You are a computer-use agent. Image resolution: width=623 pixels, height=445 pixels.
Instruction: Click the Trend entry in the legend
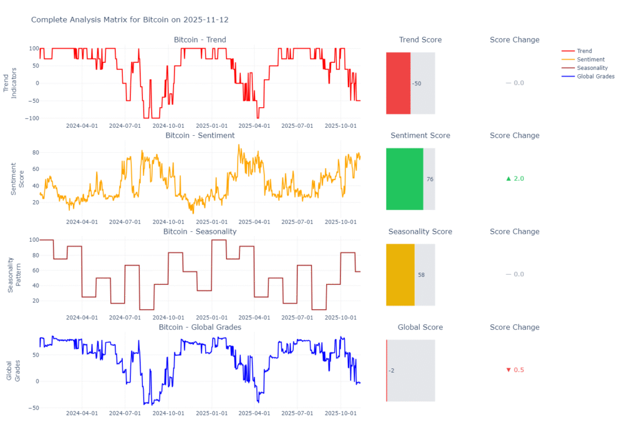pyautogui.click(x=584, y=51)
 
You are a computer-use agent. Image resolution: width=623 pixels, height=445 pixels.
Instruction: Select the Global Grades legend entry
pyautogui.click(x=596, y=77)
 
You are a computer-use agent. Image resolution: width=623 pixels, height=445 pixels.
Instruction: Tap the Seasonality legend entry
pyautogui.click(x=592, y=68)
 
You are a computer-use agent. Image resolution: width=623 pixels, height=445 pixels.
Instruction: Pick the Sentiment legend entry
pyautogui.click(x=590, y=60)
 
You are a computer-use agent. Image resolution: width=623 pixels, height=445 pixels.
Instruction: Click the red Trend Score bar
pyautogui.click(x=399, y=83)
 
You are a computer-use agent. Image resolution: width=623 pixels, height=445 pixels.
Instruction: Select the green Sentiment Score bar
pyautogui.click(x=405, y=179)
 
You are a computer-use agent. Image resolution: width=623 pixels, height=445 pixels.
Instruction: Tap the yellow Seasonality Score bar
pyautogui.click(x=400, y=275)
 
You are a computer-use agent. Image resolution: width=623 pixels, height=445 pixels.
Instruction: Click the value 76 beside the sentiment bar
pyautogui.click(x=430, y=179)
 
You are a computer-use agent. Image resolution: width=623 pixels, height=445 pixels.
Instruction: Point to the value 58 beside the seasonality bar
pyautogui.click(x=422, y=275)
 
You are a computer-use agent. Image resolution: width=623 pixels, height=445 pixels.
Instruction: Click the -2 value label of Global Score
pyautogui.click(x=391, y=371)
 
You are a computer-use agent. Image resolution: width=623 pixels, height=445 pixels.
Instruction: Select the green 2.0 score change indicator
pyautogui.click(x=515, y=178)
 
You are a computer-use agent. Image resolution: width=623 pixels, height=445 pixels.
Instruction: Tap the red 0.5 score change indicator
pyautogui.click(x=515, y=370)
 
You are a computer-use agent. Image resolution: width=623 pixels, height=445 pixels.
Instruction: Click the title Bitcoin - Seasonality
pyautogui.click(x=200, y=231)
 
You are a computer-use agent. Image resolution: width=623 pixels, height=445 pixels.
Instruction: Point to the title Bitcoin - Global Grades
pyautogui.click(x=200, y=328)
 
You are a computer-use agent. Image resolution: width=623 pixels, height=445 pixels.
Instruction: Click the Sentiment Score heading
pyautogui.click(x=420, y=136)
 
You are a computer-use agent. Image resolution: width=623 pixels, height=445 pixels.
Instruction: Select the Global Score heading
pyautogui.click(x=420, y=328)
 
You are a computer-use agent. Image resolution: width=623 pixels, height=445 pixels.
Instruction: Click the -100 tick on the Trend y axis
pyautogui.click(x=29, y=118)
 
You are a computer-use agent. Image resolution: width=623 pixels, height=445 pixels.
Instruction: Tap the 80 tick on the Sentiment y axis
pyautogui.click(x=35, y=152)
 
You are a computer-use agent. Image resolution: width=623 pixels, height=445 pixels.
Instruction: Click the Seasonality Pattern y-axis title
pyautogui.click(x=15, y=275)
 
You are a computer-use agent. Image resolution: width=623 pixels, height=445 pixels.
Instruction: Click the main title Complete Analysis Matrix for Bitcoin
pyautogui.click(x=130, y=20)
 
